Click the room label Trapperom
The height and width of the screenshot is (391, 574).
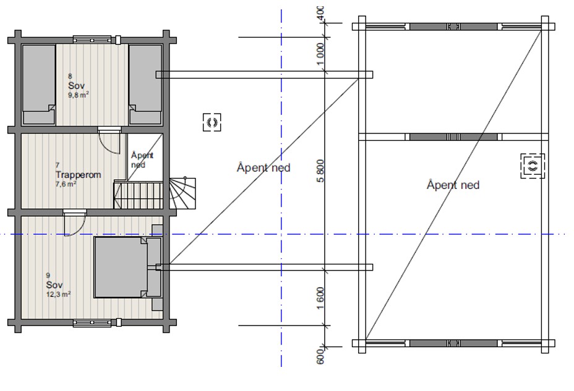[78, 175]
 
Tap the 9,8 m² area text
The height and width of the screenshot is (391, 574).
[79, 95]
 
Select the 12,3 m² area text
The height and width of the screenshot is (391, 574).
[59, 294]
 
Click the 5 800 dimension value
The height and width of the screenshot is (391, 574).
[320, 170]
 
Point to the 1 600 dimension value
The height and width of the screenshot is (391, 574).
[320, 298]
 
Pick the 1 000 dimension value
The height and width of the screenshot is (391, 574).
[320, 54]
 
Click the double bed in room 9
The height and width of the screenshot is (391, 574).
[127, 267]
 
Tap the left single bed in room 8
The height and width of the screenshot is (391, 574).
[39, 85]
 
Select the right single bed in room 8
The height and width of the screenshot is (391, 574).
[145, 85]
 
